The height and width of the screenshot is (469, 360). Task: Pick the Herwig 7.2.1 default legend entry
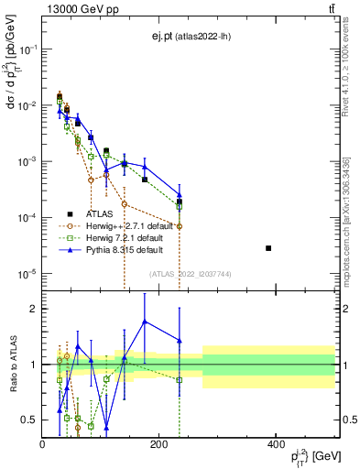[116, 236]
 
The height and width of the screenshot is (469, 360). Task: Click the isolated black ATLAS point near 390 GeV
[268, 248]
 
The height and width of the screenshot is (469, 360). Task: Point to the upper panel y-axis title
[12, 82]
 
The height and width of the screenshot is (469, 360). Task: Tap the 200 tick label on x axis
[158, 443]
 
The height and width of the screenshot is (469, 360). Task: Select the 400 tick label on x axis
[276, 443]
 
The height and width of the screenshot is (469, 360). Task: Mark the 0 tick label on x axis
[42, 443]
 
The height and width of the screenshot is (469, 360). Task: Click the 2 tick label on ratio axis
[33, 309]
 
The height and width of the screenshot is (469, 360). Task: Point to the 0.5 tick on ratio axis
[29, 420]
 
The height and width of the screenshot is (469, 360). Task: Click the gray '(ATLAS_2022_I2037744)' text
[190, 273]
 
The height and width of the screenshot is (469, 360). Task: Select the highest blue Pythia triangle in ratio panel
[145, 321]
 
